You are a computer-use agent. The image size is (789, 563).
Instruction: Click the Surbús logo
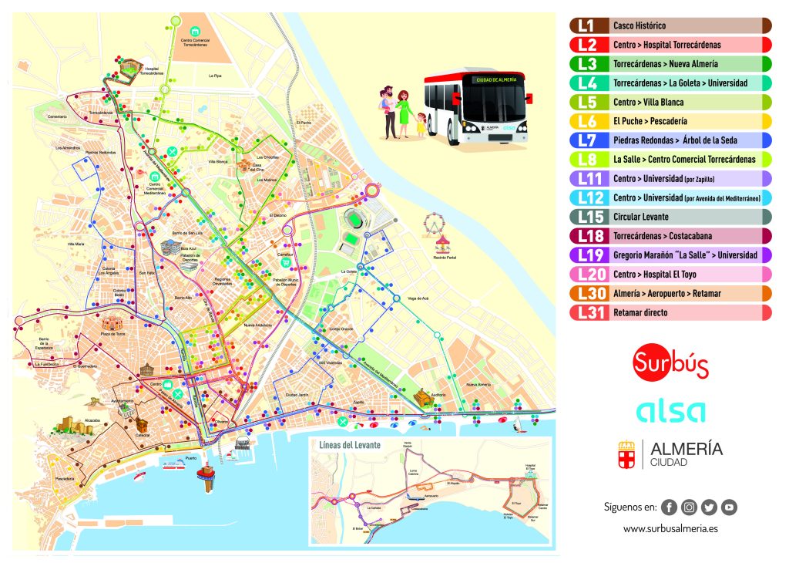pos(670,362)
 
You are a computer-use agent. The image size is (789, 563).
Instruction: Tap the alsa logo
pos(670,411)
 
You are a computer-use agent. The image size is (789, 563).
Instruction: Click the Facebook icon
pos(669,507)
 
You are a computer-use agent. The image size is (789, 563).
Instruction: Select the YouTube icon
pos(729,507)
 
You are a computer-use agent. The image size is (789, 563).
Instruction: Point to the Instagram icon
pos(689,507)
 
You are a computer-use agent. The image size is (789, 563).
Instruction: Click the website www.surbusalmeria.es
pos(670,529)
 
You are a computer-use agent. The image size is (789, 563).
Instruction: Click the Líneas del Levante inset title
pos(344,446)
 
